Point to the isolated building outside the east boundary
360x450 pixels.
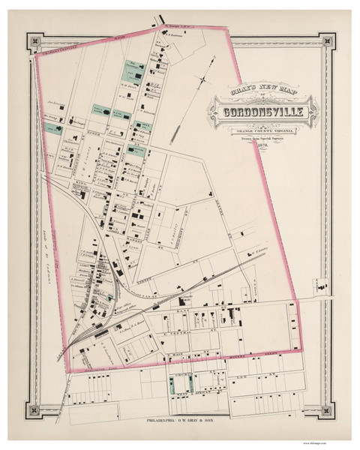[x=323, y=286]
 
